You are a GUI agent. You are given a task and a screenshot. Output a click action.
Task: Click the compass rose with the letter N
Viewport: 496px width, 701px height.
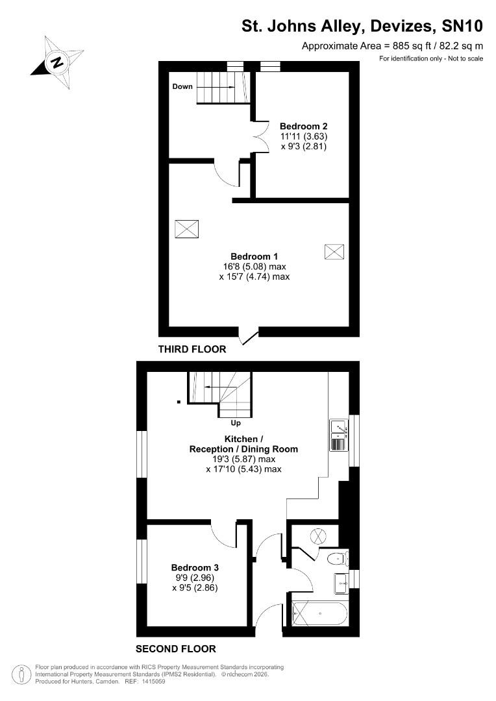(x=58, y=63)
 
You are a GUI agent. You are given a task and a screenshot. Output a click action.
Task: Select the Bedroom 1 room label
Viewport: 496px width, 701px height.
(x=254, y=256)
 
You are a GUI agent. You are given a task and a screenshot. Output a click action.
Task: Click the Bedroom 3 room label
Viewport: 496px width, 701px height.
(x=194, y=567)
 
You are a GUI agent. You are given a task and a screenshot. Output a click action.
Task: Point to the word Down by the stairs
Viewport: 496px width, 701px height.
(x=182, y=86)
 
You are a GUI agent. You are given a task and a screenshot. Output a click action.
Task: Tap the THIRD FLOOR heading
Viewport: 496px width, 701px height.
(x=192, y=349)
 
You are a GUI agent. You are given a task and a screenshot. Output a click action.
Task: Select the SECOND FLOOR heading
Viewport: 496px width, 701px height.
(x=175, y=648)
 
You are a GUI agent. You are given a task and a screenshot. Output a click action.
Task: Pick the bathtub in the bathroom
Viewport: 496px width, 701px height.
(x=320, y=613)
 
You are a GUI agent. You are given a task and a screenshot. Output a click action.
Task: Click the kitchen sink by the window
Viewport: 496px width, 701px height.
(x=339, y=426)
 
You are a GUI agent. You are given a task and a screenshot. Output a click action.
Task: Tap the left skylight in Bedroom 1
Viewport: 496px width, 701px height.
(x=186, y=229)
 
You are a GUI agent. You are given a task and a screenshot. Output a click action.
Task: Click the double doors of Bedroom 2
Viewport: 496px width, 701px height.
(x=261, y=137)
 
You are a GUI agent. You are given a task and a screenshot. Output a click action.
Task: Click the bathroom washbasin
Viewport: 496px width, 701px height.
(x=341, y=583)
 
